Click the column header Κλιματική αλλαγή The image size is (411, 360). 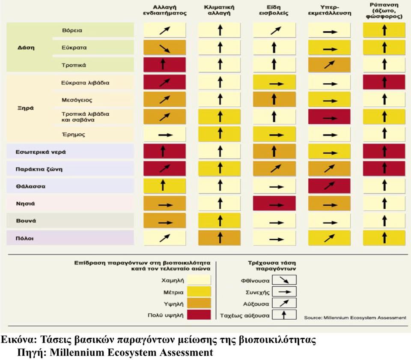(x=220, y=10)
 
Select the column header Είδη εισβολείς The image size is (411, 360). (x=274, y=10)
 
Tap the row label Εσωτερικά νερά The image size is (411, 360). (x=35, y=152)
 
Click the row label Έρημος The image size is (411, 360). (x=74, y=135)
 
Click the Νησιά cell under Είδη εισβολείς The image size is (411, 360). (x=274, y=204)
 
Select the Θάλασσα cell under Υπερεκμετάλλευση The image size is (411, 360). (x=329, y=186)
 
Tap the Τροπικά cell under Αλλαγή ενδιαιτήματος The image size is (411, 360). (x=164, y=65)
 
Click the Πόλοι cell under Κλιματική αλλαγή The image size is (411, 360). (x=220, y=238)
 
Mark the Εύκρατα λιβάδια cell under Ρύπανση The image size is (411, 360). (x=384, y=82)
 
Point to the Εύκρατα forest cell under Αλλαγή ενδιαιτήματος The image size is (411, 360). (x=164, y=48)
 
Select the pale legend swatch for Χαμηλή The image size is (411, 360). (x=196, y=280)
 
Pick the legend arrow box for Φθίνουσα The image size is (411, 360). (x=284, y=281)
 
